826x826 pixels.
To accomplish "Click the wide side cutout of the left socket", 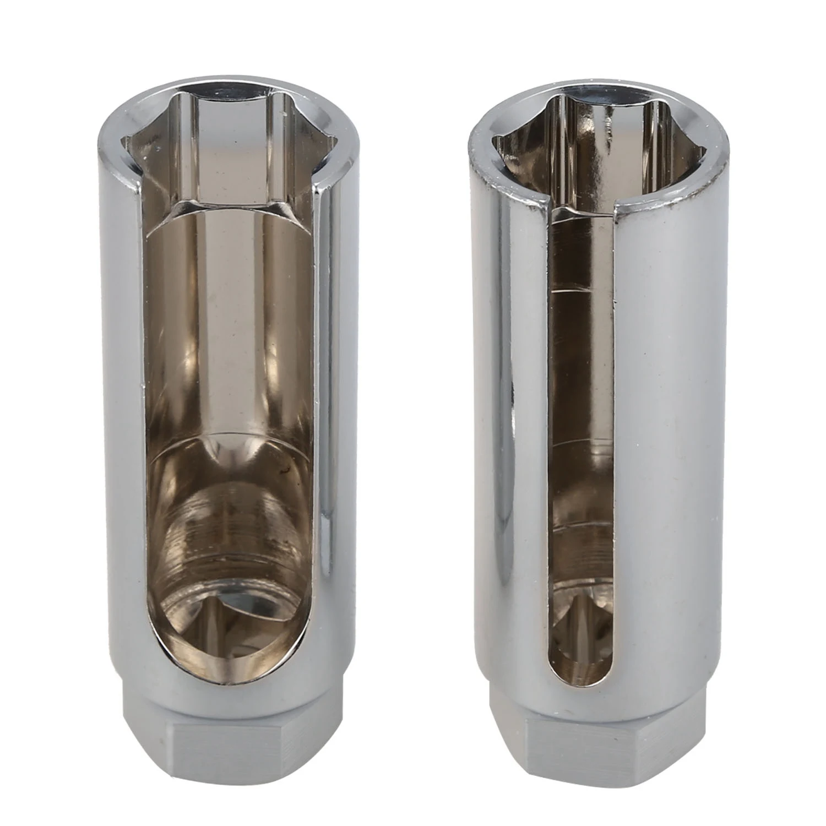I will (231, 385).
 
